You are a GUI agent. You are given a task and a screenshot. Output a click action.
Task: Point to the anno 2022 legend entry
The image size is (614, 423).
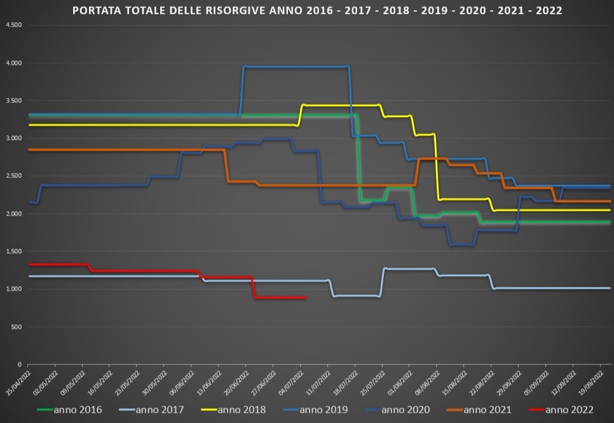tap(570, 410)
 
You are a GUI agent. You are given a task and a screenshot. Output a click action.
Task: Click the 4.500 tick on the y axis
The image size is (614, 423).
tap(13, 25)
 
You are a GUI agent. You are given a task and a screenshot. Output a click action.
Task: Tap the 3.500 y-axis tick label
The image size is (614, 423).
tap(13, 101)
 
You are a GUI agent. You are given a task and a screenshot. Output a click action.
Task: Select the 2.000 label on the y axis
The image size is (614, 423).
tap(13, 214)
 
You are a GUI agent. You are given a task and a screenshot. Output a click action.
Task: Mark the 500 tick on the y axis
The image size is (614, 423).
tap(16, 327)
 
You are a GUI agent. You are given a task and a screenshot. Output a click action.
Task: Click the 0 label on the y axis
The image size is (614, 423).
tap(20, 364)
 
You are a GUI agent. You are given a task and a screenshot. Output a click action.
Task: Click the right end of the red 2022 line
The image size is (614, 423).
tap(306, 298)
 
